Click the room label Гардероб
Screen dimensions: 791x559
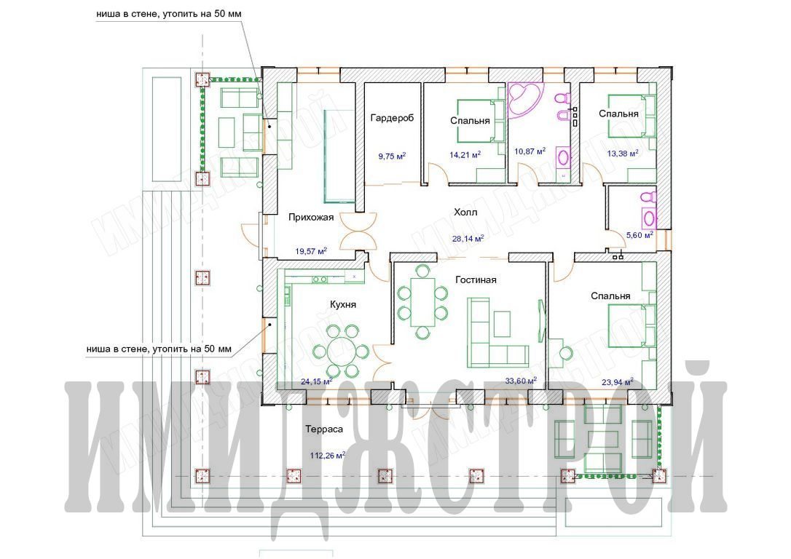pos(391,118)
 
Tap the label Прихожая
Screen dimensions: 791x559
pos(311,217)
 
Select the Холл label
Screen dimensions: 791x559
pos(465,213)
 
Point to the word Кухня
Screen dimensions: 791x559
pos(343,304)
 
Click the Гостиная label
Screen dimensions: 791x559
pos(476,279)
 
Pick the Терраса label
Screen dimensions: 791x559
pos(324,429)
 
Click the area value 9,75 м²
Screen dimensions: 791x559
pos(393,156)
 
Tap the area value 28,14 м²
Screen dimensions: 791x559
pos(468,239)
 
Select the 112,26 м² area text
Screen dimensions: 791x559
pos(327,456)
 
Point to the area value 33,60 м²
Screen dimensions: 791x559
pos(521,381)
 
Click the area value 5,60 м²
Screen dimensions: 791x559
pos(640,234)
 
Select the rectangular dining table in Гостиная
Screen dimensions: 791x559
pos(422,301)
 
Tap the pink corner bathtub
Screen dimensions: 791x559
pos(524,100)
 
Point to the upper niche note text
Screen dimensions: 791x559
pos(169,14)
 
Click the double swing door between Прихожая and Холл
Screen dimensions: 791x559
pos(358,231)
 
